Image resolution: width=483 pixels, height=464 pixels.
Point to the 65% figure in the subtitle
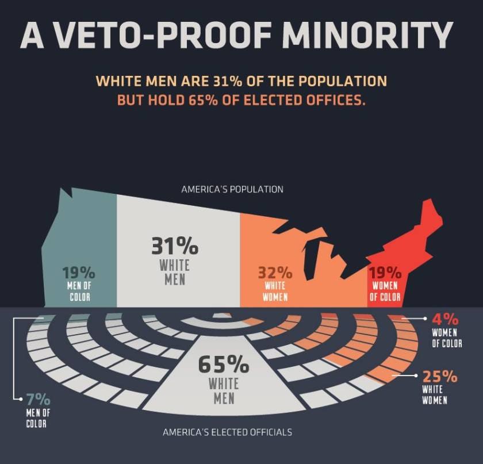coord(204,99)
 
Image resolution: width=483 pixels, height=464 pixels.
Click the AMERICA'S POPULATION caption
coord(232,189)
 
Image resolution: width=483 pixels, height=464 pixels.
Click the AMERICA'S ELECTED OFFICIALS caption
coord(227,432)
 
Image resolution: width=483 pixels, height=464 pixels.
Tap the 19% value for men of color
coord(79,273)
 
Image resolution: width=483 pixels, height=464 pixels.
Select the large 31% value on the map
coord(175,246)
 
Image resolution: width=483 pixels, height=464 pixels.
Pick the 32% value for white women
coord(275,273)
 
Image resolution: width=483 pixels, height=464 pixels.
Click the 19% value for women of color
coord(385,273)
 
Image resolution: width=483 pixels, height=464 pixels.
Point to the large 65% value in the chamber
coord(224,364)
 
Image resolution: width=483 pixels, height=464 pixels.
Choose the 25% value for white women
coord(440,377)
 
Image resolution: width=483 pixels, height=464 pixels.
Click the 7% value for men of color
coord(39,399)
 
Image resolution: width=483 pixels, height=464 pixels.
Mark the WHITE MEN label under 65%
coord(224,389)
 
